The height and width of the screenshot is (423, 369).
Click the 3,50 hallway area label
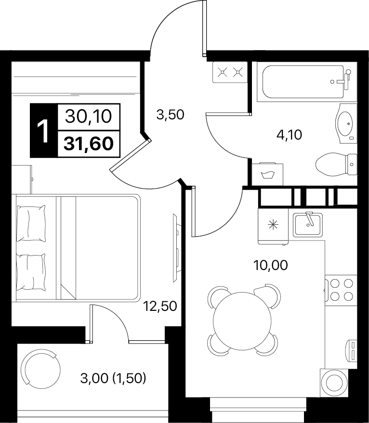pyautogui.click(x=170, y=115)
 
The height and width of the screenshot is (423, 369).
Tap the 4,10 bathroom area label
pyautogui.click(x=289, y=135)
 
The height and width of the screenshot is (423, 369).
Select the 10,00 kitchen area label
pyautogui.click(x=270, y=265)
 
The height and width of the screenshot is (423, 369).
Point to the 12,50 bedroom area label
pyautogui.click(x=160, y=306)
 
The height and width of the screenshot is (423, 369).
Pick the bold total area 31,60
pyautogui.click(x=89, y=143)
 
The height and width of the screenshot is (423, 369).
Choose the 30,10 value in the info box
pyautogui.click(x=89, y=117)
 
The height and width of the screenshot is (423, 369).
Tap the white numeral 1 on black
pyautogui.click(x=43, y=131)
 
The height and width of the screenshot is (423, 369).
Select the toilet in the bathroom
pyautogui.click(x=336, y=165)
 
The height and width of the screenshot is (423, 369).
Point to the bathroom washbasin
pyautogui.click(x=346, y=124)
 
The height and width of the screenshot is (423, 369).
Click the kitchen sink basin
pyautogui.click(x=308, y=224)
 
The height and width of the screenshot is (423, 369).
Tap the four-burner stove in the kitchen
pyautogui.click(x=341, y=290)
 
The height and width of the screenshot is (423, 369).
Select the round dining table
pyautogui.click(x=242, y=320)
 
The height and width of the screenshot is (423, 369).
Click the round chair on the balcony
pyautogui.click(x=41, y=369)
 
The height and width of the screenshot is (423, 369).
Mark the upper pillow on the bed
pyautogui.click(x=31, y=223)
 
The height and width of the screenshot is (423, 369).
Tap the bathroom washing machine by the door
pyautogui.click(x=267, y=174)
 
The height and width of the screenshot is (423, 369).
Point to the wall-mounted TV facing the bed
pyautogui.click(x=175, y=248)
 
